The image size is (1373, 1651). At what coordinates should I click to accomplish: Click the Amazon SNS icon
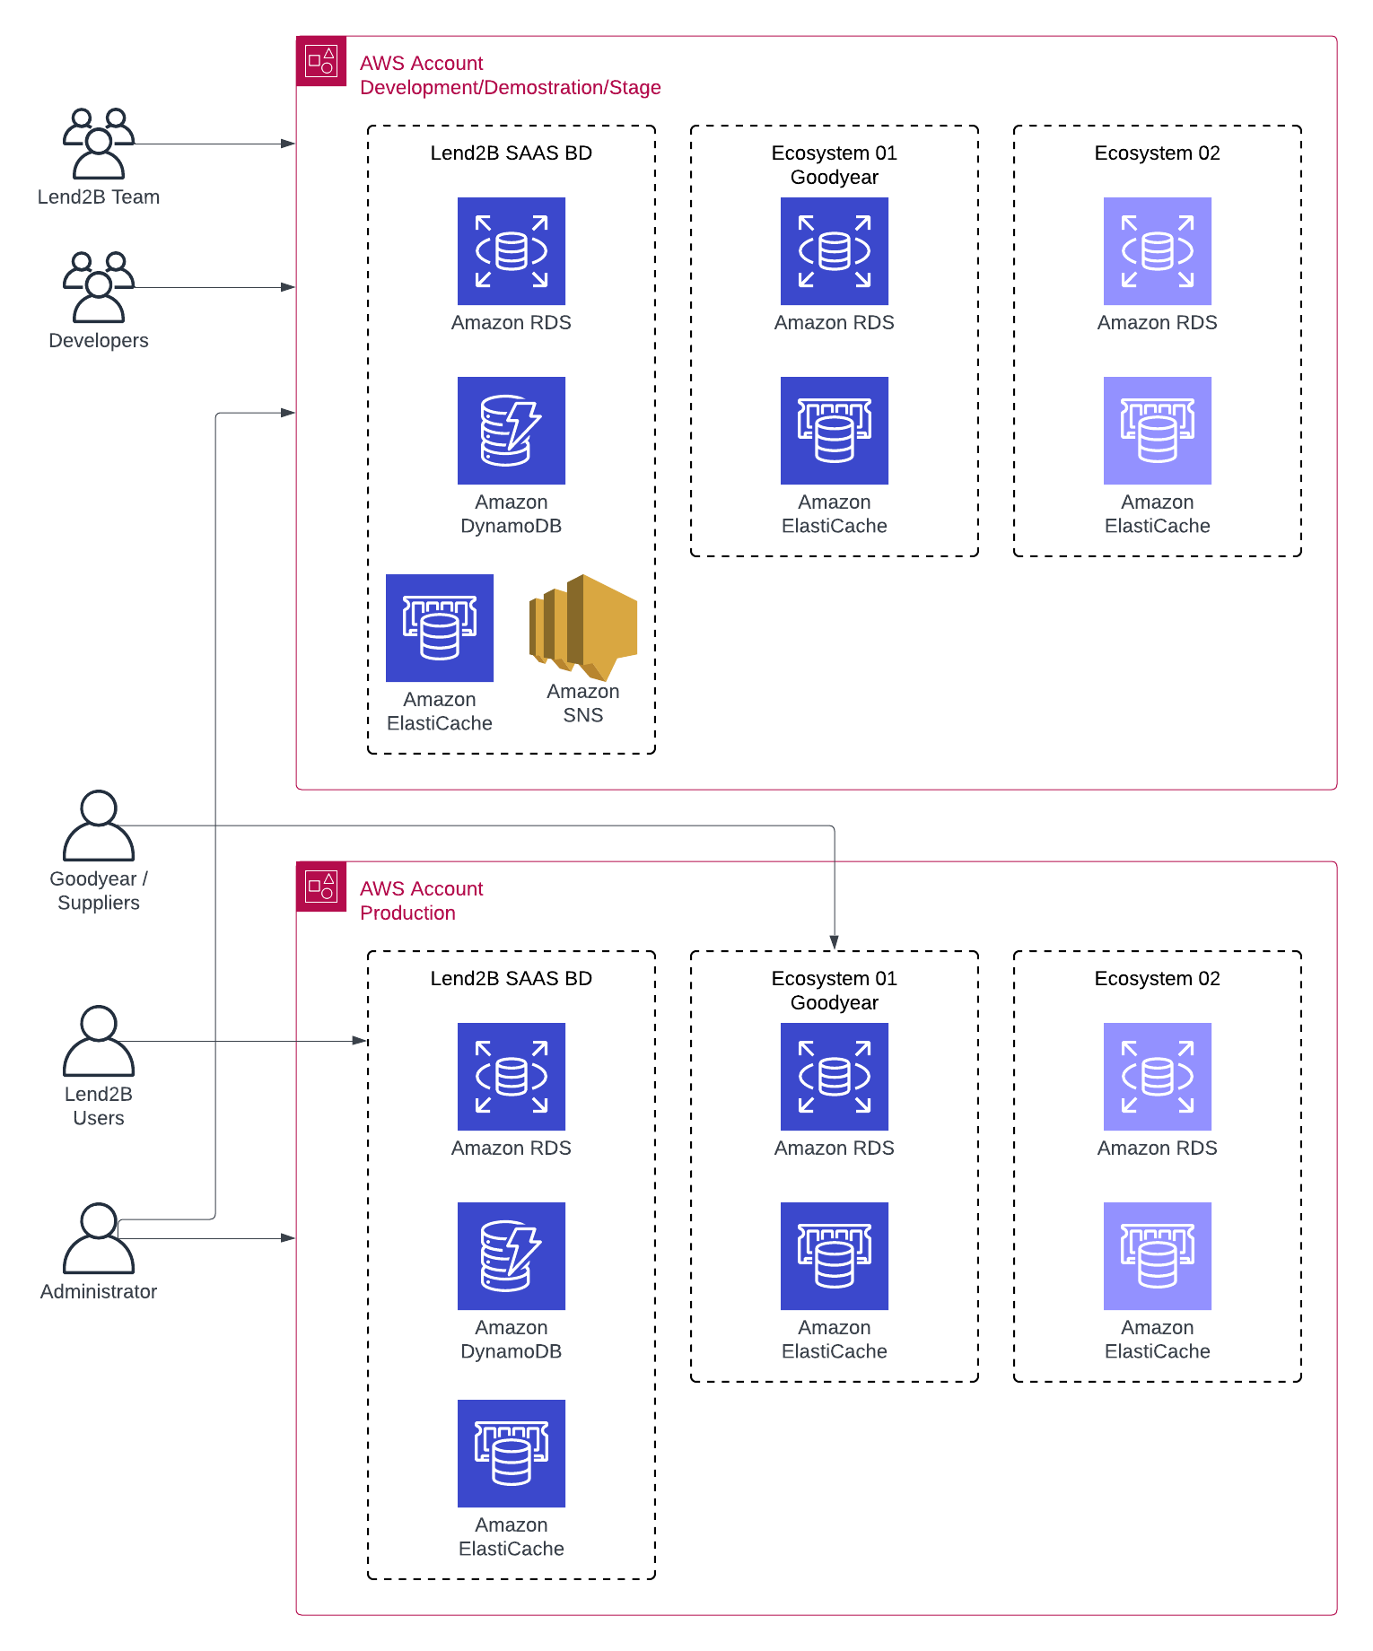[x=583, y=627]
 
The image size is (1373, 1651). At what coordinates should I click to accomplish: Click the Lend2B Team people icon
[x=99, y=144]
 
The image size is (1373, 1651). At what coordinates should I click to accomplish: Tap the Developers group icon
[x=99, y=287]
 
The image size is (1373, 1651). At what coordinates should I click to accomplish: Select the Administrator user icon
[x=99, y=1238]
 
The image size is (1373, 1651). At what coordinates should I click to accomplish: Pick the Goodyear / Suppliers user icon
[x=99, y=825]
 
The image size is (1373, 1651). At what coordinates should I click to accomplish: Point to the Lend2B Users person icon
[x=99, y=1041]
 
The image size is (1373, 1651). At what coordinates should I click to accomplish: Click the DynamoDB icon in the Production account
[x=512, y=1256]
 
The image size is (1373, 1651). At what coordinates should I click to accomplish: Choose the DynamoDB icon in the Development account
[x=512, y=431]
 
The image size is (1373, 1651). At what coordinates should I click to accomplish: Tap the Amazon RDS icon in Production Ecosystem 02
[x=1158, y=1077]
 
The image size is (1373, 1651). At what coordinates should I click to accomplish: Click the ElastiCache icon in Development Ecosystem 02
[x=1158, y=431]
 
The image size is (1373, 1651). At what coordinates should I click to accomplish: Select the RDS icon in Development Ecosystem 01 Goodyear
[x=835, y=251]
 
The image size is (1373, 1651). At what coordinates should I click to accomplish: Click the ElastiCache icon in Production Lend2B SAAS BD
[x=512, y=1454]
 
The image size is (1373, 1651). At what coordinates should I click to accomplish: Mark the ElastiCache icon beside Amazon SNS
[x=440, y=628]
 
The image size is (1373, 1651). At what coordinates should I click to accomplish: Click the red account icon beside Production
[x=321, y=887]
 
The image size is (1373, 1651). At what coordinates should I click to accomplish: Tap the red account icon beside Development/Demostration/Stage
[x=321, y=61]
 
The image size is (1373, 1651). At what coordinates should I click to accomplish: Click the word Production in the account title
[x=407, y=913]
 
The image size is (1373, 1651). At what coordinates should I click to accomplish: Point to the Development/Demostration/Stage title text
[x=510, y=87]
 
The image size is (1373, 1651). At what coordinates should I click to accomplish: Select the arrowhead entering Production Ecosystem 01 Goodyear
[x=835, y=943]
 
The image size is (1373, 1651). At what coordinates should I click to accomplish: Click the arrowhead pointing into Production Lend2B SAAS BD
[x=360, y=1041]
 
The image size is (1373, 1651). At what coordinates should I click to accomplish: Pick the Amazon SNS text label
[x=583, y=703]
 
